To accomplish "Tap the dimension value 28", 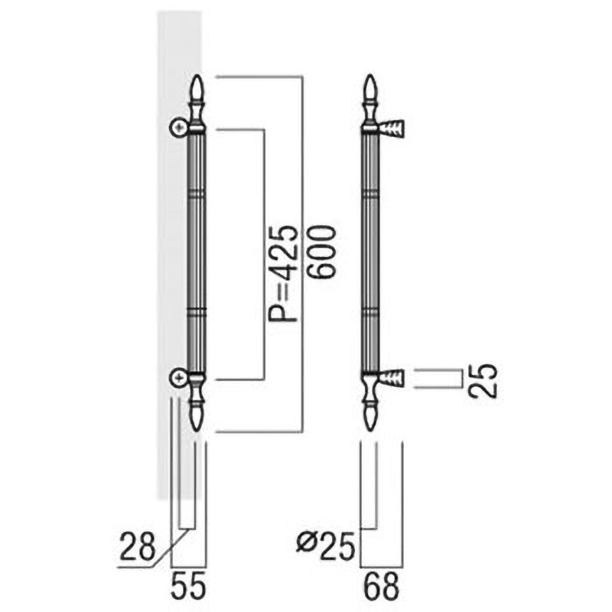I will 138,547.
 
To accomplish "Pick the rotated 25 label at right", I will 483,379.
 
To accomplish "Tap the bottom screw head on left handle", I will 177,376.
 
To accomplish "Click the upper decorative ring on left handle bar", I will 197,194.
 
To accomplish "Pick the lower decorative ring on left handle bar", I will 197,312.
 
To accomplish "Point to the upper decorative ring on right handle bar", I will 370,194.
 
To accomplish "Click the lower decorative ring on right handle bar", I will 370,312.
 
